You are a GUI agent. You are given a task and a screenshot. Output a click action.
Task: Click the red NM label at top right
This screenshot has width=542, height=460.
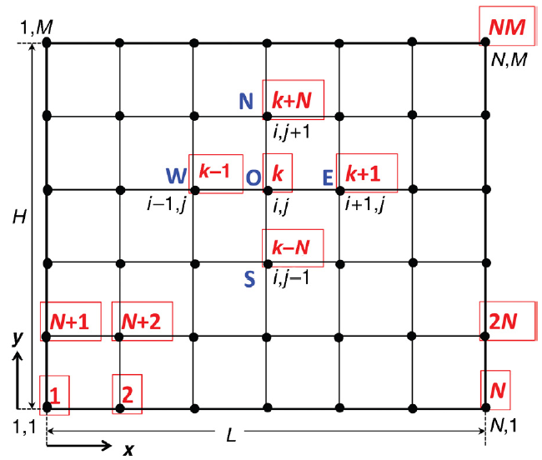pyautogui.click(x=507, y=27)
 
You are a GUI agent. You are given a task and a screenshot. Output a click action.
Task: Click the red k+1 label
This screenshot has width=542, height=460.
pyautogui.click(x=366, y=173)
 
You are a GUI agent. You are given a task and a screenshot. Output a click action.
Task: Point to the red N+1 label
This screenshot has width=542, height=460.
pyautogui.click(x=71, y=321)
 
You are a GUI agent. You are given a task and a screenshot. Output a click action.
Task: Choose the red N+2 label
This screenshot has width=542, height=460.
pyautogui.click(x=142, y=321)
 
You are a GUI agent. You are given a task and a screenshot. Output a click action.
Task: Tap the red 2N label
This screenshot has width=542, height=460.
pyautogui.click(x=504, y=321)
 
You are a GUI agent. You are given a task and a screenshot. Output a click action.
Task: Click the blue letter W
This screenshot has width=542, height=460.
pyautogui.click(x=176, y=176)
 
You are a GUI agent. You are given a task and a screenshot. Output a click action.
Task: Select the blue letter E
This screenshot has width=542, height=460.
pyautogui.click(x=328, y=176)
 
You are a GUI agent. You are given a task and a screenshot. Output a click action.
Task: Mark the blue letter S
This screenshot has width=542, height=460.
pyautogui.click(x=249, y=279)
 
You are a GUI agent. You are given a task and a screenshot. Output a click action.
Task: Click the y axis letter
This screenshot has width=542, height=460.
pyautogui.click(x=15, y=337)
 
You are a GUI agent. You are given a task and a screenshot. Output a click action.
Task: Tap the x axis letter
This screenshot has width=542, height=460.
pyautogui.click(x=128, y=449)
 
